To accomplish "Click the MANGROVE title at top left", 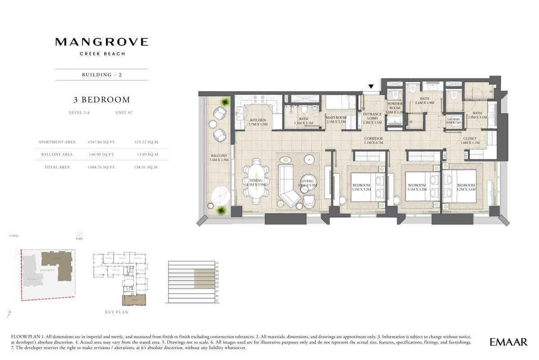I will (102, 42).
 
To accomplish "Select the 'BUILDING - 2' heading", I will (102, 75).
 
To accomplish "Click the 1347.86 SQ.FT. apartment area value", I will (102, 142).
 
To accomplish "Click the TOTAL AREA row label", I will (57, 167).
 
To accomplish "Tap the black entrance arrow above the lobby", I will (371, 87).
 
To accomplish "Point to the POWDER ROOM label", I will (395, 106).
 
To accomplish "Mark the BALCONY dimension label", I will (220, 158).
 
